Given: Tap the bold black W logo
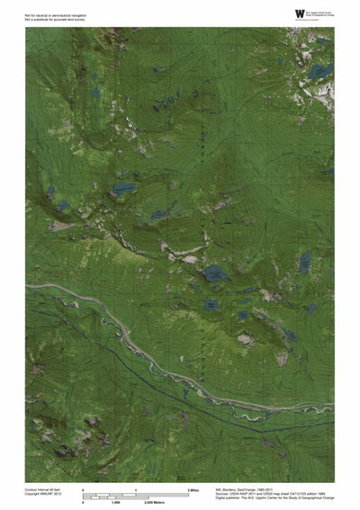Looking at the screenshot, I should pos(299,13).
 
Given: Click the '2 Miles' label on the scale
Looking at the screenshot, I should pos(193,489).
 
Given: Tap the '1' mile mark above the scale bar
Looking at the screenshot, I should pos(135,489).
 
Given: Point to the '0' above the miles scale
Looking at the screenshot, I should pos(84,489).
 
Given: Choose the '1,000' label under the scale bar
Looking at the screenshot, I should pos(116,501).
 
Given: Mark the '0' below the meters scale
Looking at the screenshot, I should pos(84,501).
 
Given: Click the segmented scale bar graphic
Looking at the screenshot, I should pos(135,495).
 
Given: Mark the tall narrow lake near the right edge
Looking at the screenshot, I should pos(305,263).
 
